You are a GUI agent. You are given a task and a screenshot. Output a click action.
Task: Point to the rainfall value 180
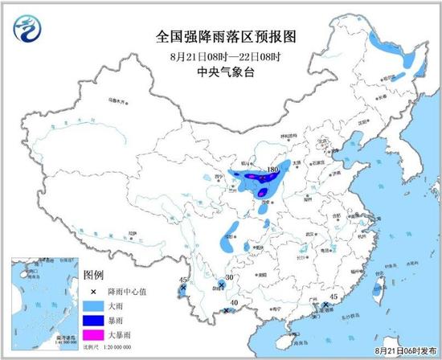click(272, 170)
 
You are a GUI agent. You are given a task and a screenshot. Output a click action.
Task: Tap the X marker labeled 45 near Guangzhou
click(325, 305)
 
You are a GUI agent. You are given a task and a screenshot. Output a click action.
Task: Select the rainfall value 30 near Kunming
click(229, 277)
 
